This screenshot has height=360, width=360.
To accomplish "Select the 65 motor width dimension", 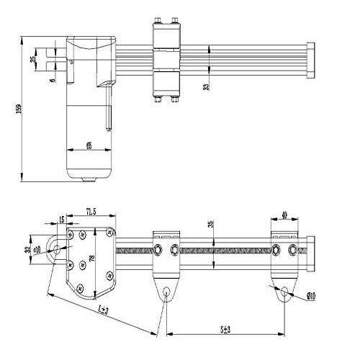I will (x=89, y=145).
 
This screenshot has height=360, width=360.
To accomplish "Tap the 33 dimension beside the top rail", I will (x=207, y=87).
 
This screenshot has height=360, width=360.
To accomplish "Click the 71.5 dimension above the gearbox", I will (x=91, y=211).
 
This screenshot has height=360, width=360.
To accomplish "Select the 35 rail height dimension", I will (x=210, y=224).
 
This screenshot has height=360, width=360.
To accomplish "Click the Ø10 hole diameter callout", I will (x=310, y=294).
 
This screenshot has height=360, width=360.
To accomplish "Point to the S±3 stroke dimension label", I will (x=225, y=329).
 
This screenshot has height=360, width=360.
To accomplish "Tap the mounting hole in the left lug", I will (x=55, y=249).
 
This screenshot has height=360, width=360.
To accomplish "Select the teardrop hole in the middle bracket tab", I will (x=167, y=292).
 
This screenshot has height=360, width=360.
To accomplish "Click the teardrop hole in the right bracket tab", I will (x=285, y=293).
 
